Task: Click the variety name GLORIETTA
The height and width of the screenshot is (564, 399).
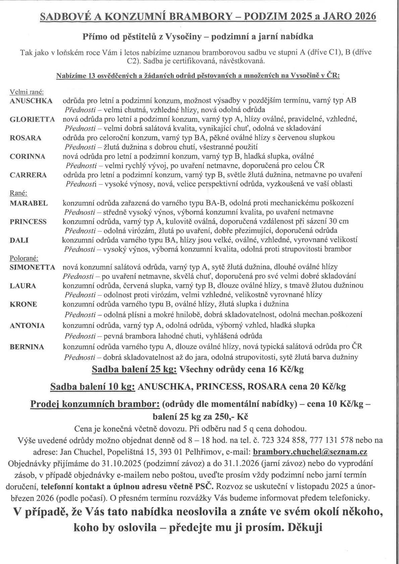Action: [32, 119]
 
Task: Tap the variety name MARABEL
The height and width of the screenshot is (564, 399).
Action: [28, 203]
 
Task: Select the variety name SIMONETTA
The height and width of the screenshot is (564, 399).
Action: [32, 267]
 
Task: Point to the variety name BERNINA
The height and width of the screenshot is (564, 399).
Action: [27, 347]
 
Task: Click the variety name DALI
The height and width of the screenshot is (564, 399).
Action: [19, 240]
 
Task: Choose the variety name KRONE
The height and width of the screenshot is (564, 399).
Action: [23, 304]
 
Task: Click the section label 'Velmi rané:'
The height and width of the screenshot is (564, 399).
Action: [27, 92]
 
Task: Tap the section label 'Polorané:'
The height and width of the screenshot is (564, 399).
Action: [24, 259]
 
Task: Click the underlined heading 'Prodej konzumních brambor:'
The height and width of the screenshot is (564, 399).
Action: [95, 404]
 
